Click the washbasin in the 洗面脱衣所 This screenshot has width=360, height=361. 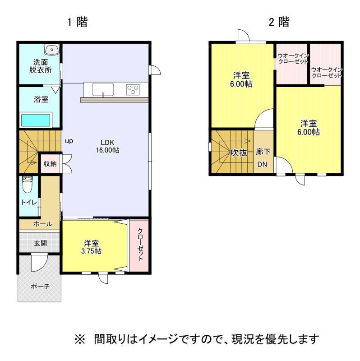(52, 49)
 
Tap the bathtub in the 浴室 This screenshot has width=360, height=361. (36, 120)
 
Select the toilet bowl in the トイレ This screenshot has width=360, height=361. (28, 184)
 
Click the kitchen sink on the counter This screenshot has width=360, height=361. (103, 89)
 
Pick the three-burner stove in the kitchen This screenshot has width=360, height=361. (133, 89)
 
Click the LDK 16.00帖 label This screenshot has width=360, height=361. (107, 146)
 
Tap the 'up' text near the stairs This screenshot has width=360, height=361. (69, 141)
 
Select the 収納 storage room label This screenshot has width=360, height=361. (50, 164)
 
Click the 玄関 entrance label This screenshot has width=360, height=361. (41, 243)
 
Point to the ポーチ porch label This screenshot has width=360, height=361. (40, 286)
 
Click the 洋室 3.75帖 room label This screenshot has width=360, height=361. (91, 247)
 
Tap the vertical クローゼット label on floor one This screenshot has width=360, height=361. (140, 245)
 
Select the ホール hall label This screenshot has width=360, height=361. (43, 223)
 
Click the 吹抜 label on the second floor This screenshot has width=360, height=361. (239, 153)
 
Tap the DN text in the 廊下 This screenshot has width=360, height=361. (262, 164)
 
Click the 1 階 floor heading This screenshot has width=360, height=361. (77, 22)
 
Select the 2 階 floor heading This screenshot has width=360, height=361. (279, 22)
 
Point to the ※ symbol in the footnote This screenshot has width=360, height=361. (80, 339)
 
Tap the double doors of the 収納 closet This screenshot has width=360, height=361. (67, 163)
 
